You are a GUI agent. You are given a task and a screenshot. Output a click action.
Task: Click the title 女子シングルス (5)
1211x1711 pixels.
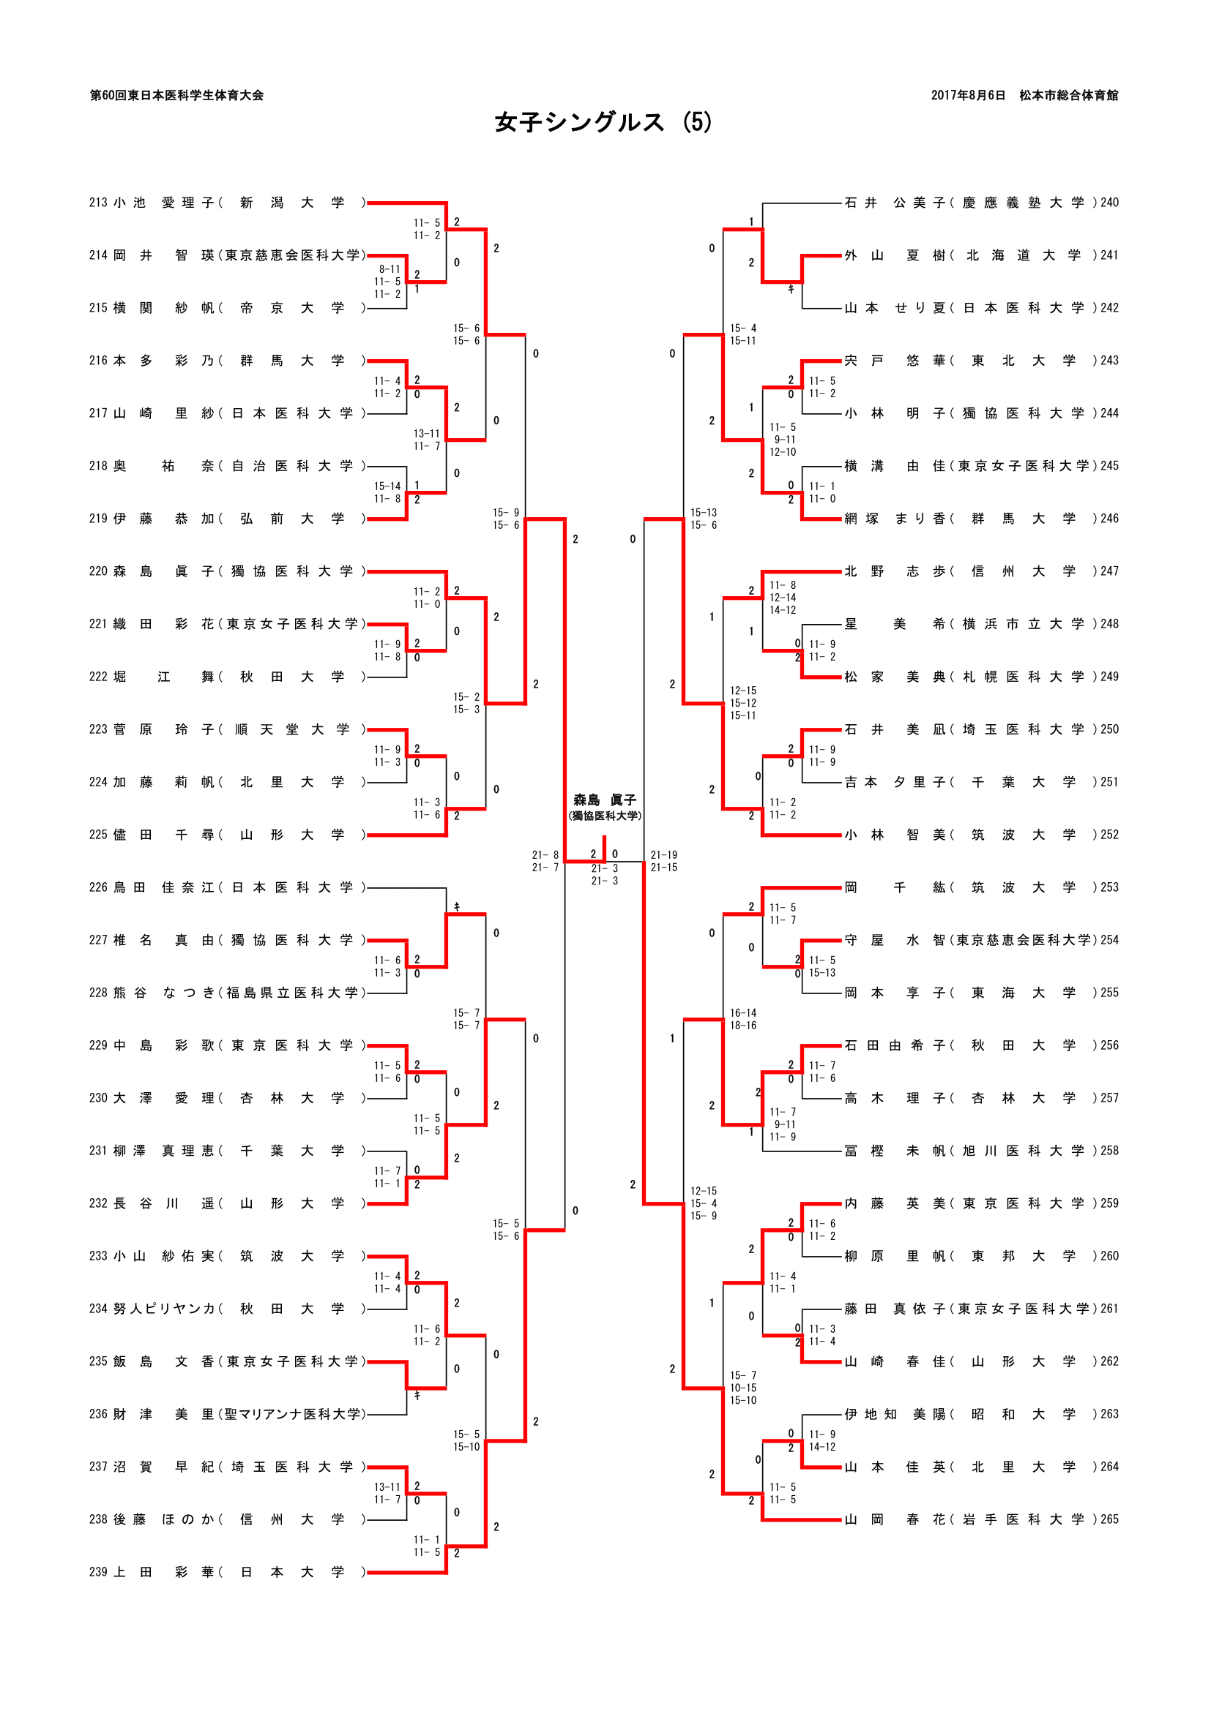coord(603,122)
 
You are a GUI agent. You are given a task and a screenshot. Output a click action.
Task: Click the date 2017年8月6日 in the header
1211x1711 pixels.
coord(967,95)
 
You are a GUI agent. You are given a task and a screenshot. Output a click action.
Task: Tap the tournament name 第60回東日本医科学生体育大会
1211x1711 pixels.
coord(176,95)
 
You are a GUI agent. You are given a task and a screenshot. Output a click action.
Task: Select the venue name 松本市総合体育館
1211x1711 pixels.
coord(1068,95)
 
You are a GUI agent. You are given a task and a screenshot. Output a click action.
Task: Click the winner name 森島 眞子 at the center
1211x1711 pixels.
coord(604,800)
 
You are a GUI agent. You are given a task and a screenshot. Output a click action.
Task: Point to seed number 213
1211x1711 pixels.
coord(98,203)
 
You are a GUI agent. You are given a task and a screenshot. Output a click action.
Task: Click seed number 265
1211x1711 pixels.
coord(1109,1519)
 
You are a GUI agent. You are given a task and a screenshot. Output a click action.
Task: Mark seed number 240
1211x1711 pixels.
coord(1109,203)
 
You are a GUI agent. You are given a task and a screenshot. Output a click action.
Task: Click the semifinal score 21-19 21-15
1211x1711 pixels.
coord(663,862)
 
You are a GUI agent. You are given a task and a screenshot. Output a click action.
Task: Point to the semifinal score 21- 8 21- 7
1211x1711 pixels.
coord(545,862)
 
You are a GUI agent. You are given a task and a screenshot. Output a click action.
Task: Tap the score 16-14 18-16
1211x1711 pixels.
coord(742,1020)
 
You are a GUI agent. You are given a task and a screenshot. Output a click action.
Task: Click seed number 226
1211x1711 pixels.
coord(98,887)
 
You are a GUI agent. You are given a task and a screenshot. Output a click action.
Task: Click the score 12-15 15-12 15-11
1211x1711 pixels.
coord(742,704)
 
